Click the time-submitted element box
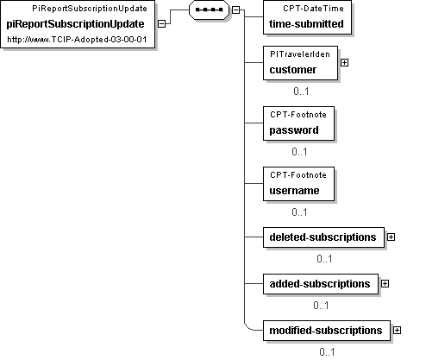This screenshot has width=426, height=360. point(307,17)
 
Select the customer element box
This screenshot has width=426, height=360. point(300,63)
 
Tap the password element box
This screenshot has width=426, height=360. point(298,123)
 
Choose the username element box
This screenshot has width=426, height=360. point(298,184)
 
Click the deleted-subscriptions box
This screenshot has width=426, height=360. point(323,237)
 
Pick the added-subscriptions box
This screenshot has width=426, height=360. point(321,284)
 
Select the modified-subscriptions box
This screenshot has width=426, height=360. point(327,331)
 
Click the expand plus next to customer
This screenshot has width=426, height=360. point(344,62)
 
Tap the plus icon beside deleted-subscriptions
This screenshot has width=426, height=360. point(391,237)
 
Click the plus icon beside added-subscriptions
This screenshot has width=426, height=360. point(385,284)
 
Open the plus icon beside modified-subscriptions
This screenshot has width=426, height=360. point(397,331)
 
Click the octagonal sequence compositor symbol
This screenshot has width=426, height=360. point(209,9)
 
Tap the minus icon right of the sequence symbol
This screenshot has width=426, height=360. point(235,9)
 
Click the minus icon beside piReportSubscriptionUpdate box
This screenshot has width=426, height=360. point(162,23)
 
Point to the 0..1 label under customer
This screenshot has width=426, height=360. point(301,92)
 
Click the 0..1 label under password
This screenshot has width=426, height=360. point(299,152)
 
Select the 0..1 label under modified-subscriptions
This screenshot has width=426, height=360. point(327,352)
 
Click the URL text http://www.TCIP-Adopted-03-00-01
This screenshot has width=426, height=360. point(77,40)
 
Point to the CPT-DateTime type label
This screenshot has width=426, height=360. point(313,9)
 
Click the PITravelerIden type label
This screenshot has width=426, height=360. point(300,54)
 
